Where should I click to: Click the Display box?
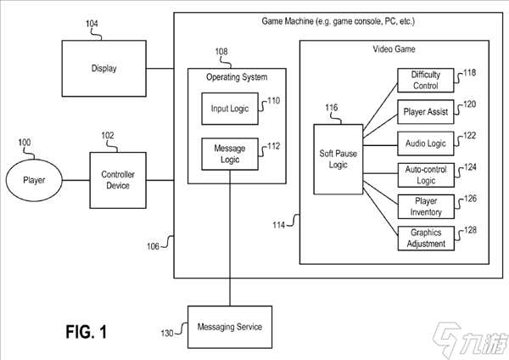click(103, 69)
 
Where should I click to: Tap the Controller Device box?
click(119, 180)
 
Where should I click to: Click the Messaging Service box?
click(229, 327)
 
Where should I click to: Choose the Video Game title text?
click(394, 48)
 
